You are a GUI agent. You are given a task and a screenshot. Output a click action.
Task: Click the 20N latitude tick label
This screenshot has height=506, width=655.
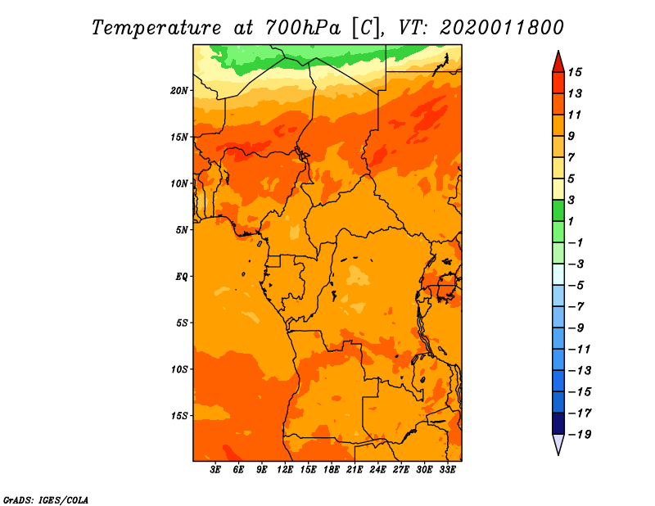click(x=179, y=91)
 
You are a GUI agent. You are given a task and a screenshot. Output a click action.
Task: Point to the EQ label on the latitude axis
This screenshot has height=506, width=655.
click(x=182, y=277)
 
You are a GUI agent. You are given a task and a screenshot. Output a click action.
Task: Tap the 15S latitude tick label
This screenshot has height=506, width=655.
click(x=179, y=416)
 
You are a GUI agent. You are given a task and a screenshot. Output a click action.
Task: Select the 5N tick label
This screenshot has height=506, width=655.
click(x=182, y=230)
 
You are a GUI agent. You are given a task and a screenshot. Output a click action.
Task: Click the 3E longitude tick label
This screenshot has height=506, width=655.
click(x=215, y=469)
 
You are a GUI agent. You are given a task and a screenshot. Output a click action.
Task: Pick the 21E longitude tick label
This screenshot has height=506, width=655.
click(x=355, y=469)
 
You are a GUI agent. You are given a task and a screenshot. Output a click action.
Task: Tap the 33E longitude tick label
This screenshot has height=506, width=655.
click(x=447, y=469)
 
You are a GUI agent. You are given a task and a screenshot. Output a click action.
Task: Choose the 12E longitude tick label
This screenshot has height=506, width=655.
click(x=285, y=469)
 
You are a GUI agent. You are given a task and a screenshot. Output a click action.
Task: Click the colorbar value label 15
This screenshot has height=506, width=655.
click(x=575, y=72)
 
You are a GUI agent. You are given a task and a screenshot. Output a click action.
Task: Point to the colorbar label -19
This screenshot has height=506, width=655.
click(x=580, y=435)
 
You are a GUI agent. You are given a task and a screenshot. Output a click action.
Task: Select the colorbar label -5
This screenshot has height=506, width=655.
click(x=577, y=286)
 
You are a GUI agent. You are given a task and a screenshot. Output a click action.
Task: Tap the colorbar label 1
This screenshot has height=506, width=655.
click(x=571, y=221)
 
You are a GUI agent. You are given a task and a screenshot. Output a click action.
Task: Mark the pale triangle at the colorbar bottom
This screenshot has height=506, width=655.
click(x=558, y=443)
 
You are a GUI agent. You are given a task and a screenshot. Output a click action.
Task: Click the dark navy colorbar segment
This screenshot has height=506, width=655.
click(x=558, y=423)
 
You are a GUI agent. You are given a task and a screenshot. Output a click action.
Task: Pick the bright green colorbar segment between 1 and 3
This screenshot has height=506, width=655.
click(x=558, y=210)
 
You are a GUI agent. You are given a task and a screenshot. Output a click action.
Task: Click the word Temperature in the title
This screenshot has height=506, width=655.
click(x=156, y=28)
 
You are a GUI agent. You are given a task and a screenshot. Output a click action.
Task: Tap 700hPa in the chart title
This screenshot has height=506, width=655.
click(x=303, y=28)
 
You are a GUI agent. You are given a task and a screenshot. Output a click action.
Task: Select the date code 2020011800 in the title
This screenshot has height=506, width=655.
click(x=501, y=28)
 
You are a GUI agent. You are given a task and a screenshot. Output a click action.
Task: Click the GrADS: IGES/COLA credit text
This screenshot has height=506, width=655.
click(x=46, y=499)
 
